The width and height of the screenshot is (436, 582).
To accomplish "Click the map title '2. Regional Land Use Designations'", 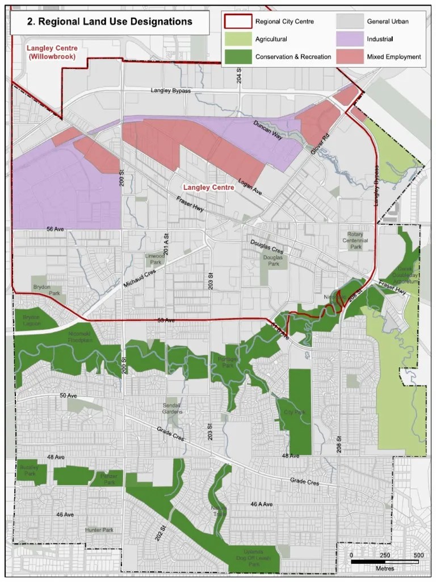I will click(110, 22).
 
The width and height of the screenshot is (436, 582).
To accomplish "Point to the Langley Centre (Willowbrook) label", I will click(52, 52).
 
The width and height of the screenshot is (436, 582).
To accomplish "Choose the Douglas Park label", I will click(274, 261).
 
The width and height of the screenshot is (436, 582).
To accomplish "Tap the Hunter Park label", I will click(99, 530).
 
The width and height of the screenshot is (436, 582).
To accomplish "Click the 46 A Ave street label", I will click(262, 504).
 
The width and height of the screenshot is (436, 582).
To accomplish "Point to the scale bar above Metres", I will click(385, 562).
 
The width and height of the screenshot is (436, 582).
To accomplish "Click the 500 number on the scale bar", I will click(418, 555).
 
